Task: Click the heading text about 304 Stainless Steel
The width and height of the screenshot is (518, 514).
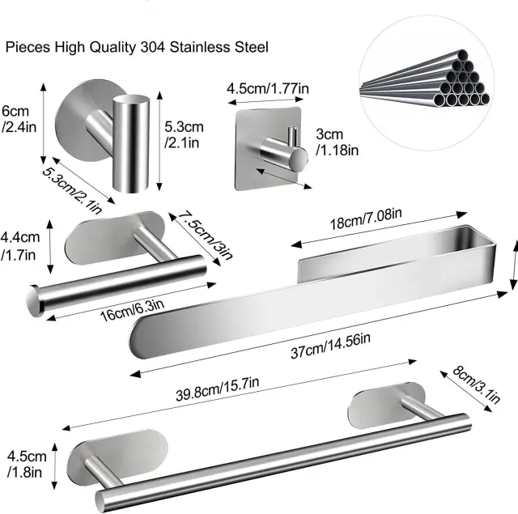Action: coord(138,48)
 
